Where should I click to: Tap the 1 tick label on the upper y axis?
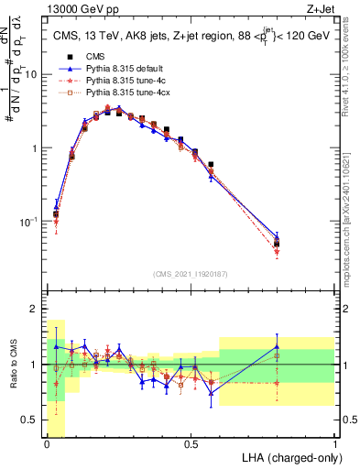[x=35, y=148]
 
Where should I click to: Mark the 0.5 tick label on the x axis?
[x=191, y=444]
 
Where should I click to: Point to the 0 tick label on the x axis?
[x=48, y=444]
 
